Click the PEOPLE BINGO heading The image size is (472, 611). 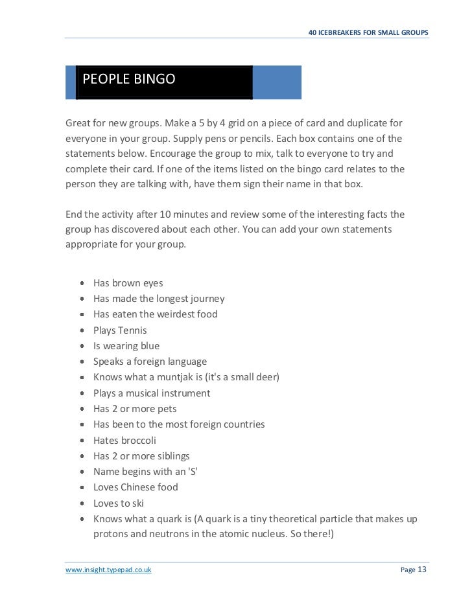(x=128, y=80)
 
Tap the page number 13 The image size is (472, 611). (x=422, y=570)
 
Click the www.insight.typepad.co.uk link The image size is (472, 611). (x=108, y=570)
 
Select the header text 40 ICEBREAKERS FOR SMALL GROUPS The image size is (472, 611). (x=368, y=33)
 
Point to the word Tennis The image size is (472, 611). (x=132, y=330)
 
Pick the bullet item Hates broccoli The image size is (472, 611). (x=124, y=440)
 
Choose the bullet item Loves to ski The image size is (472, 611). (x=118, y=503)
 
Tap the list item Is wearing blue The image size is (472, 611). (x=126, y=345)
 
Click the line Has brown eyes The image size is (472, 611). (x=128, y=282)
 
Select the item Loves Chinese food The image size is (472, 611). (x=135, y=487)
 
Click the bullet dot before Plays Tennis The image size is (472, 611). (x=81, y=330)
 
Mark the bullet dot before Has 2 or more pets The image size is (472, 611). (x=81, y=409)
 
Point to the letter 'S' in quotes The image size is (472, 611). (x=192, y=471)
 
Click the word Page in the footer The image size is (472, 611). (x=408, y=570)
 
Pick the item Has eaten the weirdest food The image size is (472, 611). (x=155, y=314)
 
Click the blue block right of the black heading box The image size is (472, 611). (x=277, y=82)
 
